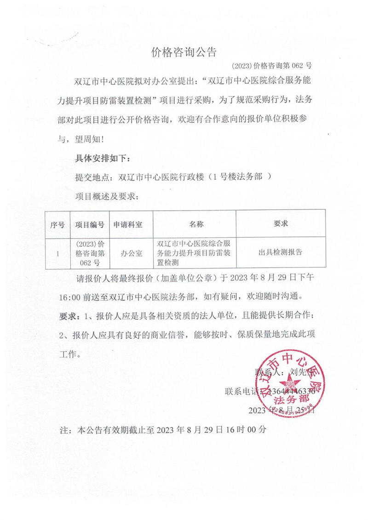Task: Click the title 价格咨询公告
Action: [184, 52]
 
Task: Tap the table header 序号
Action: [57, 224]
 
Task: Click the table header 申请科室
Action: [128, 224]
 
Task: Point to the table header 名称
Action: [196, 224]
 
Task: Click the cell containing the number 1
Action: [57, 253]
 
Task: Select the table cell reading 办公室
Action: [132, 253]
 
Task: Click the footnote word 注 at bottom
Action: [64, 431]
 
